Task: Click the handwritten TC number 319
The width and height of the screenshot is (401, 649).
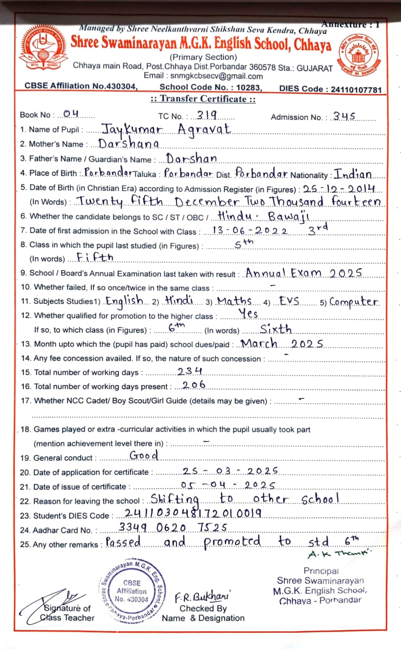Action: point(207,115)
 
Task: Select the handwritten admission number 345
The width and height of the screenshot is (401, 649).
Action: point(344,116)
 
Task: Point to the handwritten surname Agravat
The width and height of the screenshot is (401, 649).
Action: point(204,129)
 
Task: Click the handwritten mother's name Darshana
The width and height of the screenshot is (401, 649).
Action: point(129,144)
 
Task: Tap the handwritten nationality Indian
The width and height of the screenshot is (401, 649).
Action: point(353,174)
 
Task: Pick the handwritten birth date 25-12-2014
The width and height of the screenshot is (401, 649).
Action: point(339,189)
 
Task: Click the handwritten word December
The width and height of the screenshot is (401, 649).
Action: point(207,202)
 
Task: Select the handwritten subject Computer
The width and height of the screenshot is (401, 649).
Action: point(354,302)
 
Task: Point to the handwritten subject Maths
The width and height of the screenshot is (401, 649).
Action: point(235,301)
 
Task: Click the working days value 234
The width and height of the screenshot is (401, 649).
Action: point(190,371)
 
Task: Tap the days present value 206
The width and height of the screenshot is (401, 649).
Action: point(194,385)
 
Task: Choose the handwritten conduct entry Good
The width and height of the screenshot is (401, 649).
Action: point(144,456)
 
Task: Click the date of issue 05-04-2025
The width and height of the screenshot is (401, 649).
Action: point(228,485)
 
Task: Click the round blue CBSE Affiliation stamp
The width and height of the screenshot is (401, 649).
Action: point(132,590)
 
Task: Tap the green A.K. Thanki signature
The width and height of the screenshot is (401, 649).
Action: point(339,554)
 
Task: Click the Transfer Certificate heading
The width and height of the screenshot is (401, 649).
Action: point(203,99)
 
